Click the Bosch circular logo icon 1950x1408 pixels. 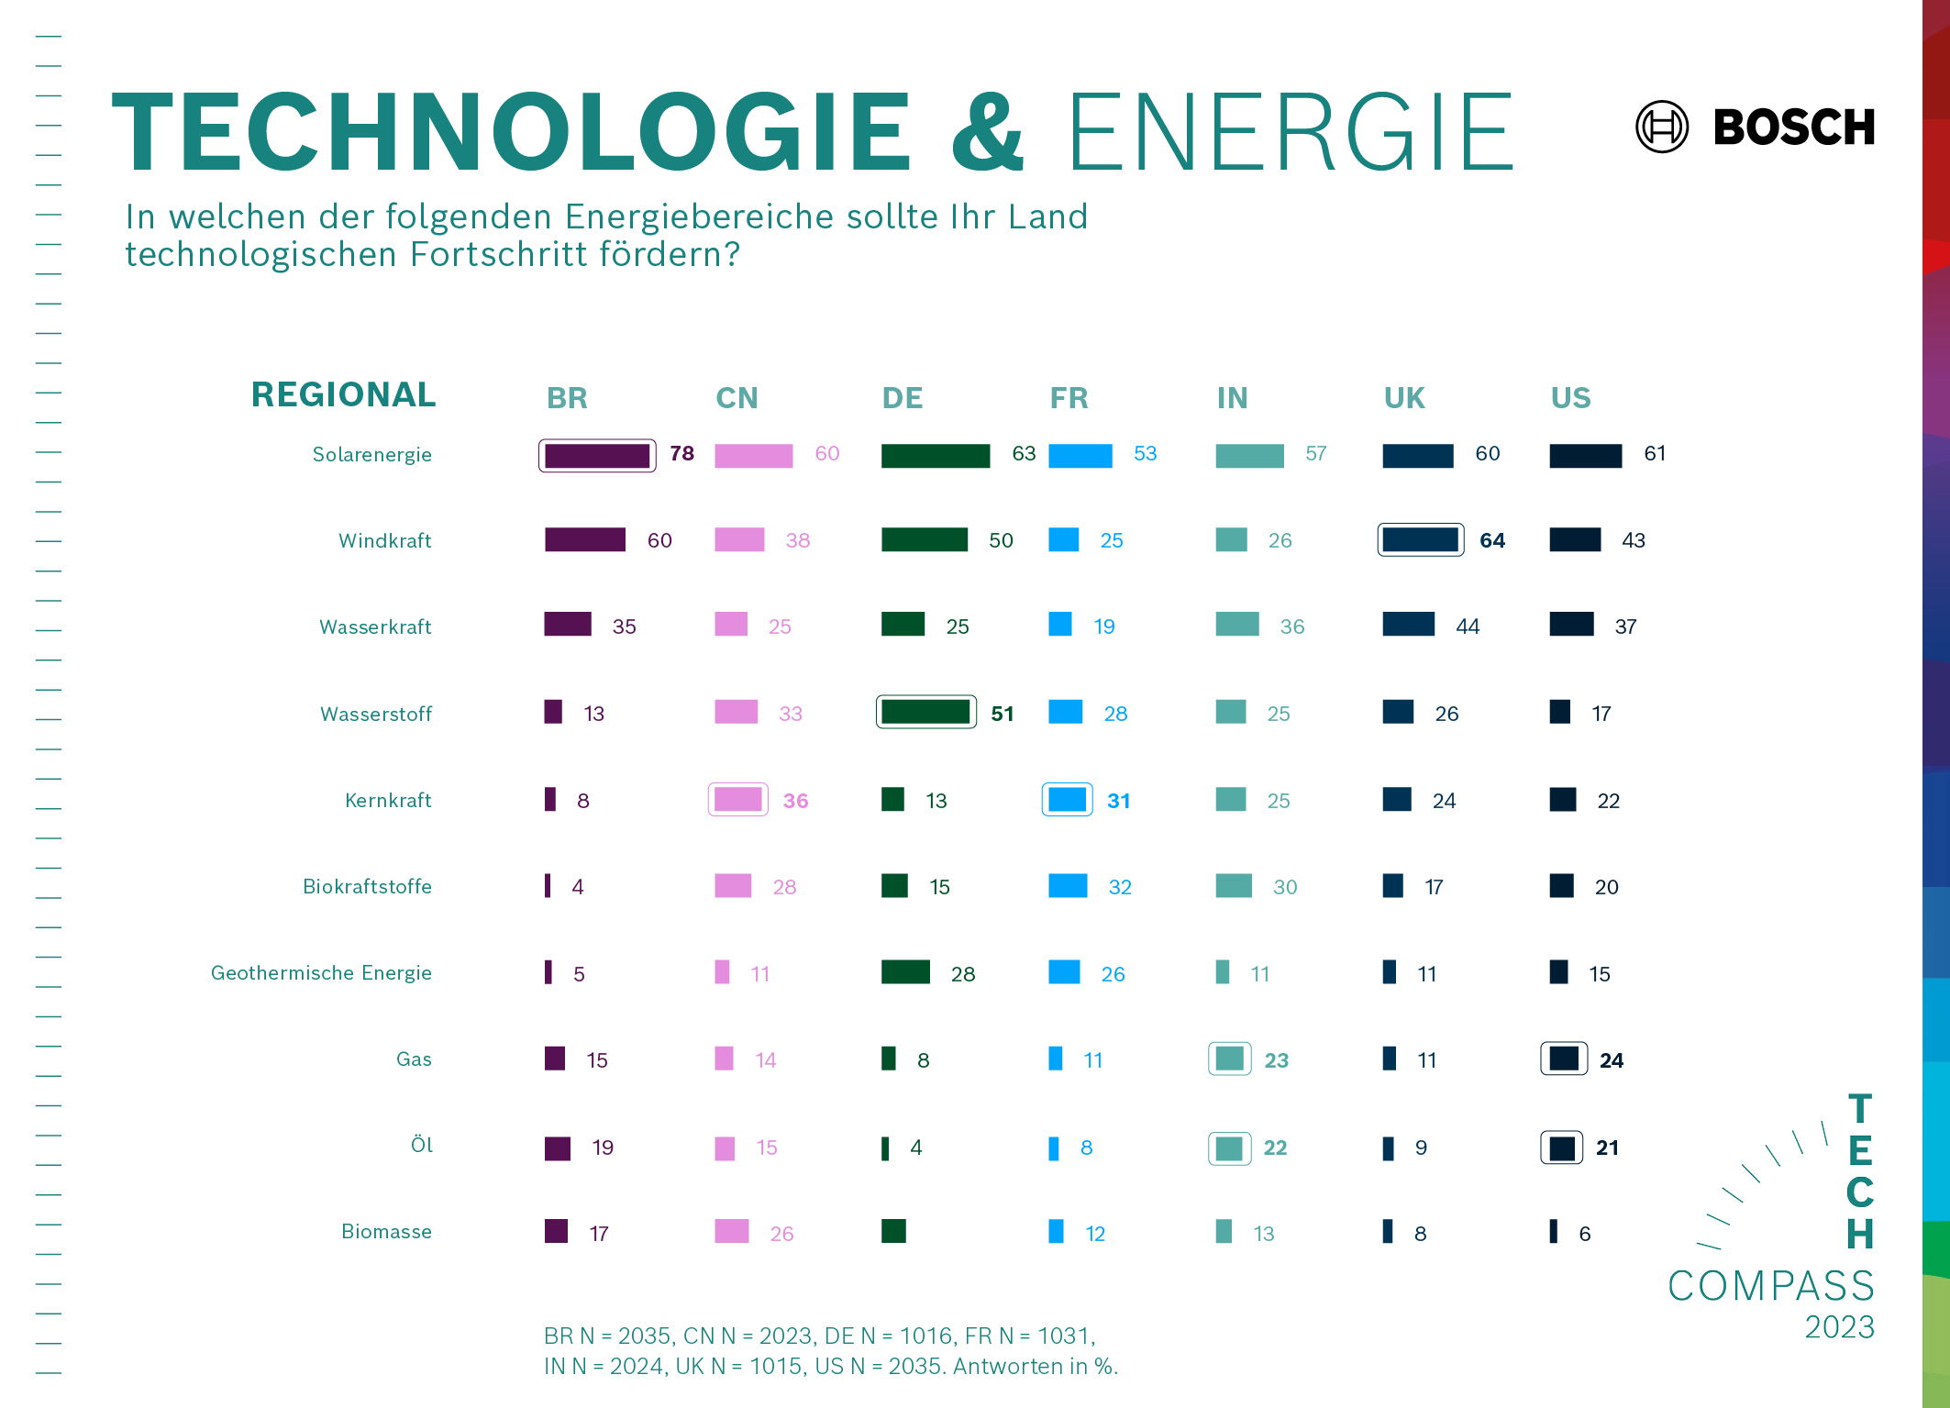(1661, 127)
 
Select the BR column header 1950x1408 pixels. (567, 398)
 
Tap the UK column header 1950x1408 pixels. (1403, 398)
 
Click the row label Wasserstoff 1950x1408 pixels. (375, 714)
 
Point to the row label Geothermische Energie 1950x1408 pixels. (321, 972)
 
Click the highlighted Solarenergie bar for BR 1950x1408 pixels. (597, 455)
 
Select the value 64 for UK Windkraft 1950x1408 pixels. (1492, 540)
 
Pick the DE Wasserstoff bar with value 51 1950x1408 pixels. (925, 712)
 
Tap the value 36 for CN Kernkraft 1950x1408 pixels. (795, 801)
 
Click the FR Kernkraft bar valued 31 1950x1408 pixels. (1067, 799)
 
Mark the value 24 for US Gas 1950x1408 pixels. (1612, 1060)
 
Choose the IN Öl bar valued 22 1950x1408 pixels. (1229, 1147)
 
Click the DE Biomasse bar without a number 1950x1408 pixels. (893, 1231)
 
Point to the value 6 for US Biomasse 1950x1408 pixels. (1584, 1234)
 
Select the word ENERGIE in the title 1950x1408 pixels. (1290, 133)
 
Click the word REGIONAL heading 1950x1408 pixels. (343, 394)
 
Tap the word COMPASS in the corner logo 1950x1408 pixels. (1770, 1285)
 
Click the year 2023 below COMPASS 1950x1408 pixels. (1839, 1327)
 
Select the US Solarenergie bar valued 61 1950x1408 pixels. (1585, 455)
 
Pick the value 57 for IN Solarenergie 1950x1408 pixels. (1315, 454)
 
